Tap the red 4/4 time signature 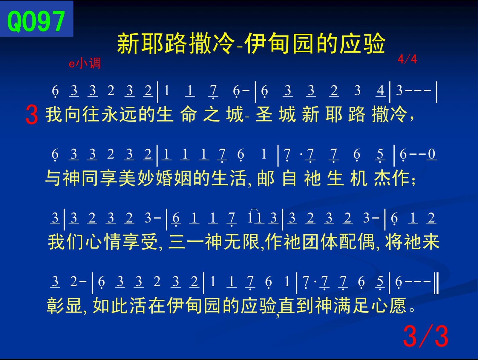(x=407, y=59)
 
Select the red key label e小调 (x=85, y=64)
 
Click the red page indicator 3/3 (x=425, y=336)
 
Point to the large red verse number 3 (x=32, y=115)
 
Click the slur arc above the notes (x=254, y=210)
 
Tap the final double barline (x=436, y=283)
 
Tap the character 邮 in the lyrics (x=266, y=179)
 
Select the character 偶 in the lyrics (x=367, y=242)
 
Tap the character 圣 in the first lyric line (x=264, y=114)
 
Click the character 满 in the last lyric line (x=342, y=305)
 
